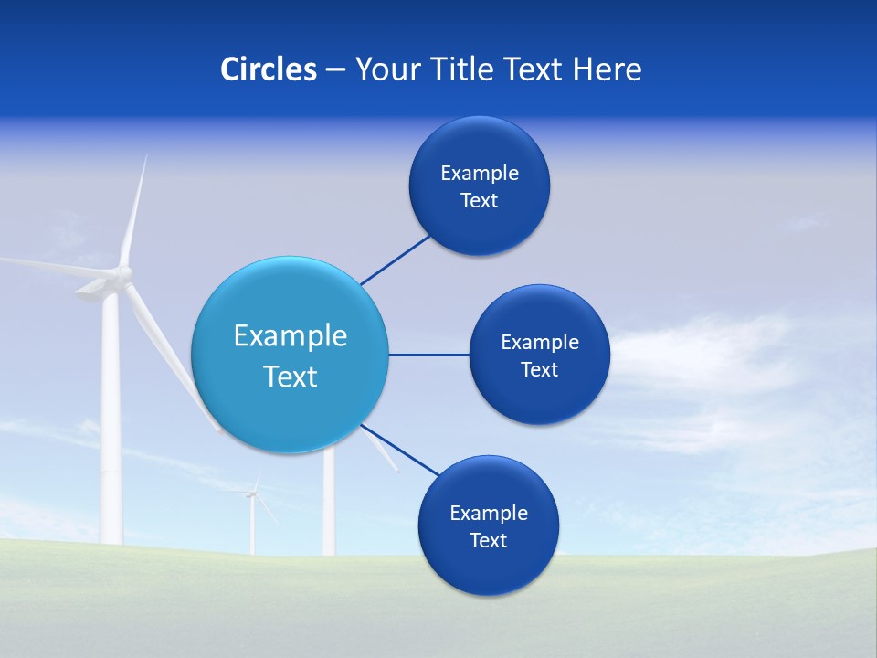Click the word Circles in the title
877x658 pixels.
[269, 69]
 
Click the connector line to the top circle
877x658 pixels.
[396, 260]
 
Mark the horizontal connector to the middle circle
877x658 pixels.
[428, 355]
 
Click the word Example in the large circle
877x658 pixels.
[291, 336]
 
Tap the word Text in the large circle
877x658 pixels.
[291, 377]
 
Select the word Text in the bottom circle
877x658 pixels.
[489, 540]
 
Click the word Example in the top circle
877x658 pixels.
[480, 173]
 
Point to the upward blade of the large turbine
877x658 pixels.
[133, 210]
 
